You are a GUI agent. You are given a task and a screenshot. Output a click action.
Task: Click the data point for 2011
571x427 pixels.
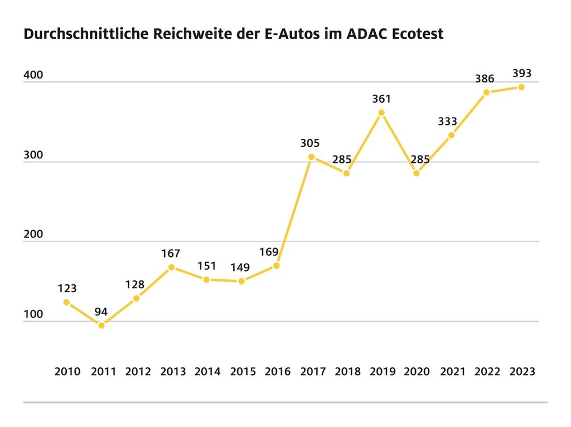101,325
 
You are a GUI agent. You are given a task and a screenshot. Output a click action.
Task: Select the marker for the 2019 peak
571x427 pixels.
381,113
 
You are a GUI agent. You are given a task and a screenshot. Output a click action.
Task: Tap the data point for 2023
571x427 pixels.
521,87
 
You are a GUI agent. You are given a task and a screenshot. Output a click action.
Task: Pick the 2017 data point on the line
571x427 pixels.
312,157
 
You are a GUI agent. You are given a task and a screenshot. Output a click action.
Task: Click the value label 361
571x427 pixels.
381,99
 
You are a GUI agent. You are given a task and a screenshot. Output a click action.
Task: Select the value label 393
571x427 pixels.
522,73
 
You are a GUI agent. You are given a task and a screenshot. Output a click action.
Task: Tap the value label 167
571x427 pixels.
171,254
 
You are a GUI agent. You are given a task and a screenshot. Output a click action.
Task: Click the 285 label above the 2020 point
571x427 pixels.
420,159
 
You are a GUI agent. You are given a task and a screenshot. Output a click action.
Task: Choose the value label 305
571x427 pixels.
311,143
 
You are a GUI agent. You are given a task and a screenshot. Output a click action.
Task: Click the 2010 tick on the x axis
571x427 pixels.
67,371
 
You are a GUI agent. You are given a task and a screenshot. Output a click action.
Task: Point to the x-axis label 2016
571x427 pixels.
278,371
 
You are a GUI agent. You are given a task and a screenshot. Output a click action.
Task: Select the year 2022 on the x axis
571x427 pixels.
487,371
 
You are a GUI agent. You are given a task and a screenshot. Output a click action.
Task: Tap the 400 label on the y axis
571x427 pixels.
33,76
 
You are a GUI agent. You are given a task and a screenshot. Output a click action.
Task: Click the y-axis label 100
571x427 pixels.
33,315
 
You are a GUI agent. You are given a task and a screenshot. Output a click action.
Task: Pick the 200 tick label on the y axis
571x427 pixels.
33,235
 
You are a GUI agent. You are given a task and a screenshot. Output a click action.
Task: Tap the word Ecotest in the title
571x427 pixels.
418,34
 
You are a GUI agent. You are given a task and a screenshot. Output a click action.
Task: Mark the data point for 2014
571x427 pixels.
206,279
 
